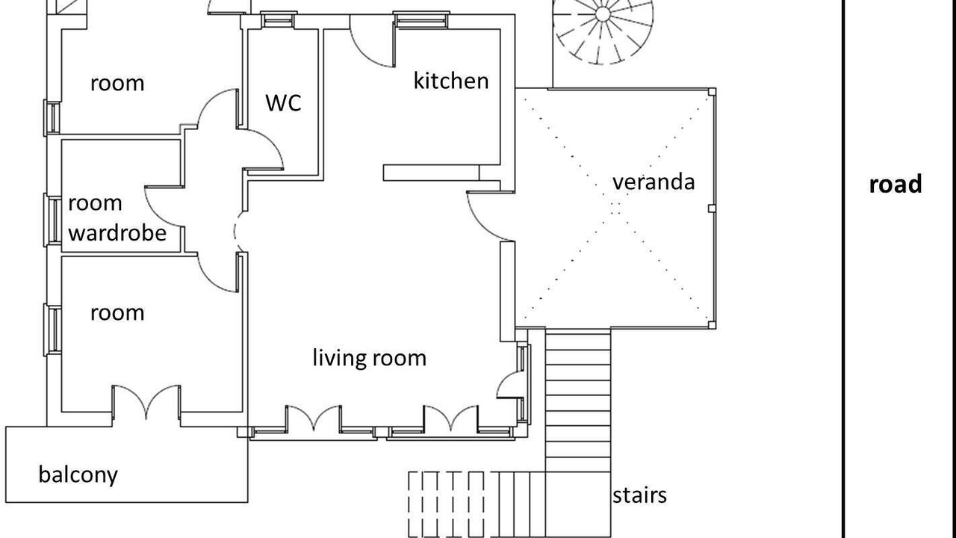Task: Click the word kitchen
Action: [x=451, y=81]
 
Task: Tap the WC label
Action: [x=283, y=102]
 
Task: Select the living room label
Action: [x=369, y=358]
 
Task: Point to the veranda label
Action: [x=654, y=182]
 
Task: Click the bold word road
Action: [x=896, y=184]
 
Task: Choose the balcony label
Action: [x=78, y=474]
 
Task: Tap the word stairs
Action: [x=639, y=495]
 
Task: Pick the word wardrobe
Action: [x=117, y=232]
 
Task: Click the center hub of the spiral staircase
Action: [x=602, y=13]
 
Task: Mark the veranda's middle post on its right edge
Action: [x=712, y=208]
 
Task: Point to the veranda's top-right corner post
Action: [x=712, y=92]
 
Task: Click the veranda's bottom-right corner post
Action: [x=712, y=325]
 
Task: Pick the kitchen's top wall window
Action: [x=421, y=19]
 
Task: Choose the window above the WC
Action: [x=279, y=19]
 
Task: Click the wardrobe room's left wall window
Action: [x=53, y=220]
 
